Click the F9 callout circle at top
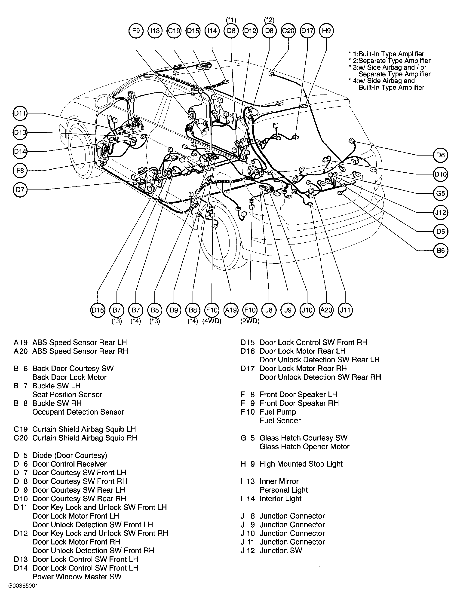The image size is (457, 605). click(x=136, y=31)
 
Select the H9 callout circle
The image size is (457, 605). click(x=326, y=31)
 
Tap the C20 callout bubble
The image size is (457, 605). click(x=288, y=31)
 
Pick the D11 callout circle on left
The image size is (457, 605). click(x=20, y=113)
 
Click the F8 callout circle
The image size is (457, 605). click(x=20, y=171)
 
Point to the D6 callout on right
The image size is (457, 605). click(x=440, y=155)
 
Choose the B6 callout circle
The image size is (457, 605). click(x=440, y=251)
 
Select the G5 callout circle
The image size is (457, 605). click(x=440, y=193)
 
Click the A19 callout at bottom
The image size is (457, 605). click(x=231, y=310)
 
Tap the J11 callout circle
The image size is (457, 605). click(x=345, y=310)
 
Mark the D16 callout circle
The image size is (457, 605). click(x=98, y=310)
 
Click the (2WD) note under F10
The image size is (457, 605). click(x=250, y=321)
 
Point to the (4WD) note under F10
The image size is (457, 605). click(x=212, y=321)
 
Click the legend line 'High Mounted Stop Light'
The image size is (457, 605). click(x=301, y=464)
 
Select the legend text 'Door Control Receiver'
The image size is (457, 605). click(x=69, y=464)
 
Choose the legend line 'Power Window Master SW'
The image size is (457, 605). click(x=77, y=577)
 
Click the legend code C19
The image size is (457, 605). click(x=21, y=429)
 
